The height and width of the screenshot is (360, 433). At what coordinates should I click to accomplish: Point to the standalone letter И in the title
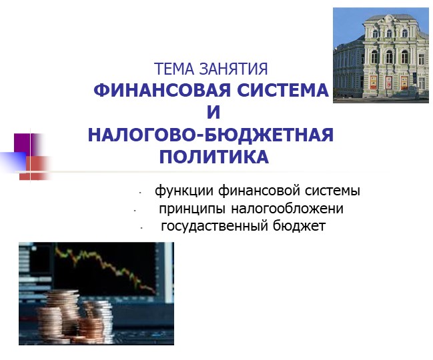click(214, 113)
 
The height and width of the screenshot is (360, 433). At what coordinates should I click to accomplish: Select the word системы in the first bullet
click(332, 191)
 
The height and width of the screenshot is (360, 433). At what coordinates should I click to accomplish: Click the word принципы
click(188, 209)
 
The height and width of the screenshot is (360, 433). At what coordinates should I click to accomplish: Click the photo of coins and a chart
click(96, 293)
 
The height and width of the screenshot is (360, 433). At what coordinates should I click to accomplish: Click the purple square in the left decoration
click(23, 144)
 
